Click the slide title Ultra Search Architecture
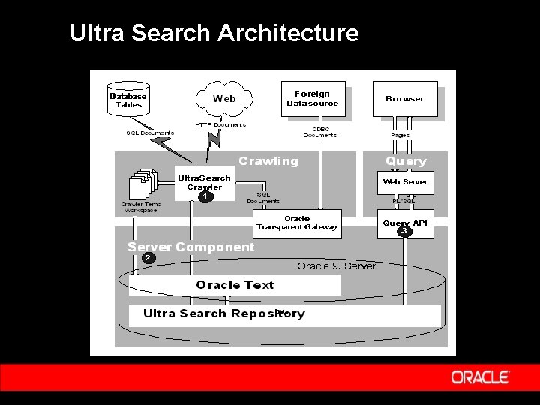[x=214, y=33]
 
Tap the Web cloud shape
[x=223, y=98]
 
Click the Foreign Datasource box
[x=313, y=98]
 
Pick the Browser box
[x=405, y=98]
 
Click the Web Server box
[x=405, y=181]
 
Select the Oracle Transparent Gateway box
[x=297, y=223]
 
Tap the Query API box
[x=405, y=223]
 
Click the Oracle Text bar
[x=235, y=285]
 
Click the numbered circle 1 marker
[x=204, y=197]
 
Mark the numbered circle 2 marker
[x=148, y=258]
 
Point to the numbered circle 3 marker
[x=404, y=231]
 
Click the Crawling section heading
[x=268, y=161]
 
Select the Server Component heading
[x=191, y=247]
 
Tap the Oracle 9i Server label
[x=336, y=265]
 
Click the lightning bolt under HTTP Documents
[x=214, y=138]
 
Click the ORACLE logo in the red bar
[x=480, y=377]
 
